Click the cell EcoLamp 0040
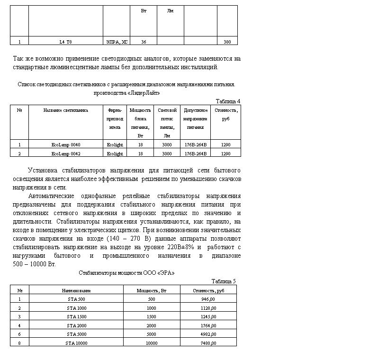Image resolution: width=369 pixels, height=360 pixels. tap(66, 144)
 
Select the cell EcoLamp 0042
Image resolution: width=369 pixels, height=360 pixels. tap(66, 153)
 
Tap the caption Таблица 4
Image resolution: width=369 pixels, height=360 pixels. tap(228, 101)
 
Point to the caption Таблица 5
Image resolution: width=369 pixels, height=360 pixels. tap(223, 281)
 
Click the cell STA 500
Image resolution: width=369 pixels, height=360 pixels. tap(76, 299)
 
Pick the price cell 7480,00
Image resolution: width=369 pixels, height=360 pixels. tap(208, 343)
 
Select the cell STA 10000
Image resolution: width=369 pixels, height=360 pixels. tap(76, 343)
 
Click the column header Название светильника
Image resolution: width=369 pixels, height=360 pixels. tap(66, 110)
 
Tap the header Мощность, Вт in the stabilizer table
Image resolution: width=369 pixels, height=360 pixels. tap(152, 290)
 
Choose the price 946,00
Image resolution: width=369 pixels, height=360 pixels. tap(208, 299)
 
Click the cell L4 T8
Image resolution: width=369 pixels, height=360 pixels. tap(66, 42)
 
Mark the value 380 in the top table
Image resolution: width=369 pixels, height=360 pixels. tap(227, 42)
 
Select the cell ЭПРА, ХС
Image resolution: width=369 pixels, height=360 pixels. tap(117, 42)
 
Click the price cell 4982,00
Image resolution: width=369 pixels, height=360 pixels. tap(208, 334)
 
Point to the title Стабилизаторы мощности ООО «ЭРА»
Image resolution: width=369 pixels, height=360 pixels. tap(126, 273)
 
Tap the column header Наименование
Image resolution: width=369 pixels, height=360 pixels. tap(76, 290)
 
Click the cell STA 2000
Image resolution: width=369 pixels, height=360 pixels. tap(76, 325)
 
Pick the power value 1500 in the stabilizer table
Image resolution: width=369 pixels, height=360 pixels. tap(152, 317)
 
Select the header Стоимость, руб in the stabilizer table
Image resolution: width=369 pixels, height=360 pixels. tap(208, 290)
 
